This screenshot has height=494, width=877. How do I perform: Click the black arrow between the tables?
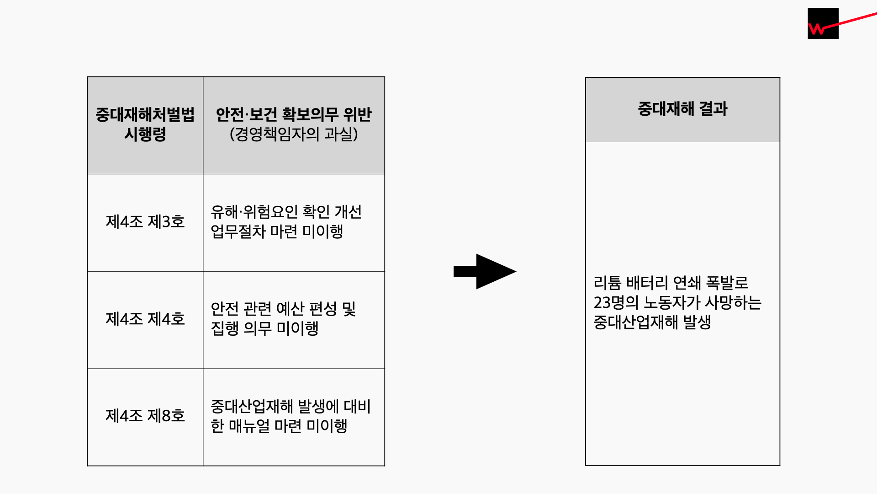[x=485, y=271]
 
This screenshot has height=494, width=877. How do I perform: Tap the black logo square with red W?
[x=823, y=23]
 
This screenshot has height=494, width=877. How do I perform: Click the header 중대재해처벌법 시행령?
[x=145, y=124]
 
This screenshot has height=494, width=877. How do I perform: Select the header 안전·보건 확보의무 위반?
[x=294, y=114]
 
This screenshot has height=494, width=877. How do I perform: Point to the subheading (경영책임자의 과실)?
[x=294, y=134]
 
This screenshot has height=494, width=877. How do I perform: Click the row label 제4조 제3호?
[x=145, y=222]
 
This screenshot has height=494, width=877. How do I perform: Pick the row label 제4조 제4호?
[x=145, y=319]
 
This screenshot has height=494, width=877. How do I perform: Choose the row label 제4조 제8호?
[x=145, y=416]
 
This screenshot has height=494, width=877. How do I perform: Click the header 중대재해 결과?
[x=682, y=109]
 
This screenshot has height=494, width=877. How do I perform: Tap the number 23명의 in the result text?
[x=616, y=303]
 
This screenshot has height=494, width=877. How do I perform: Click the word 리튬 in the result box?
[x=607, y=283]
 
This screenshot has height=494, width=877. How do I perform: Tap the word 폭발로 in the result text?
[x=727, y=283]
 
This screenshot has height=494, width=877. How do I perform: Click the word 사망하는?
[x=733, y=303]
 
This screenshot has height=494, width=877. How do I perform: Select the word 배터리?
[x=647, y=283]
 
